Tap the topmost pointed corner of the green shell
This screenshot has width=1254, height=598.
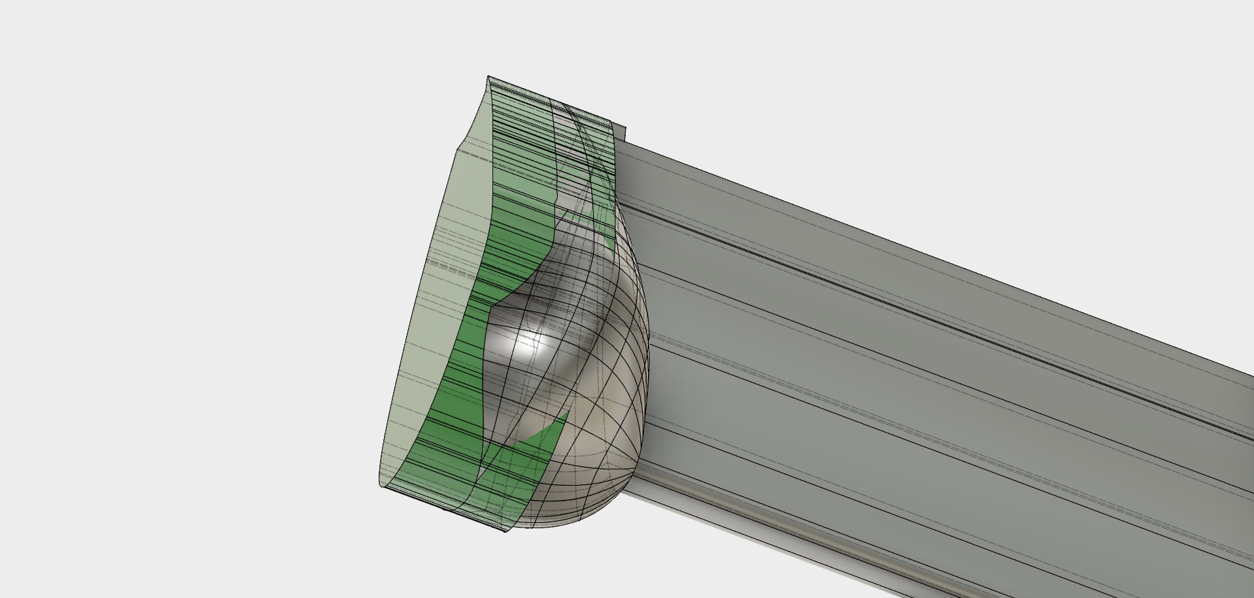tap(489, 77)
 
